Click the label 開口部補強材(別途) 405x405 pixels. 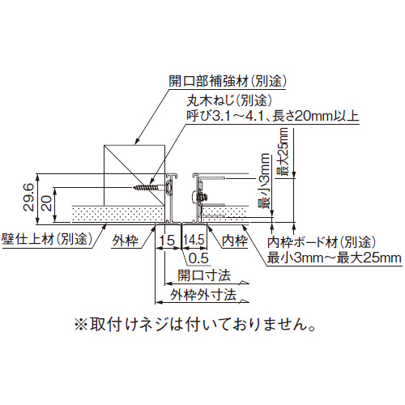228,81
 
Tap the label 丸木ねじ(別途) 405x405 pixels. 229,100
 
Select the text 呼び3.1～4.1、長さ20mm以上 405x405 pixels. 273,116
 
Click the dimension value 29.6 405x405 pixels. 28,197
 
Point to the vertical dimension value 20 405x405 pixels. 47,203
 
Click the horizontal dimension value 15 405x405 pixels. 167,241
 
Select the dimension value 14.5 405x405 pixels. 194,240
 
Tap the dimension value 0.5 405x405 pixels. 198,258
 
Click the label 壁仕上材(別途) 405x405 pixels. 47,239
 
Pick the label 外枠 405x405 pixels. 125,241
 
